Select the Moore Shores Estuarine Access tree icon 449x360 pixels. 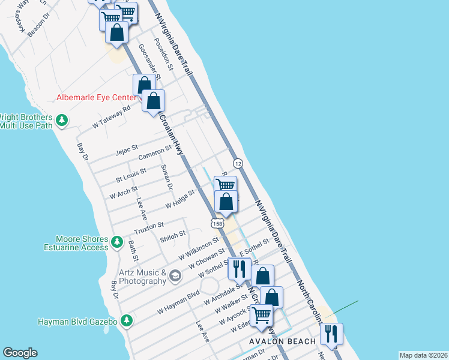pos(118,243)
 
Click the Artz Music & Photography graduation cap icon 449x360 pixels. pos(175,276)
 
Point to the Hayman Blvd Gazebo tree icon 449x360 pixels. pos(126,321)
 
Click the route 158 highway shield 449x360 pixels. pos(217,223)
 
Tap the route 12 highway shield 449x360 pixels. pos(238,163)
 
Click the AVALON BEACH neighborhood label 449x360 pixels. pos(283,341)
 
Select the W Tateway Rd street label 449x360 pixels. pos(112,118)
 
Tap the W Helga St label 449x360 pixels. pos(181,199)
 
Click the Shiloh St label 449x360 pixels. pos(173,236)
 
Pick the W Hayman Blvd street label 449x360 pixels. pos(178,303)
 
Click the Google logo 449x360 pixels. pos(20,353)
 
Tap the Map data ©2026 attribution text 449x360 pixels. pos(423,355)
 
